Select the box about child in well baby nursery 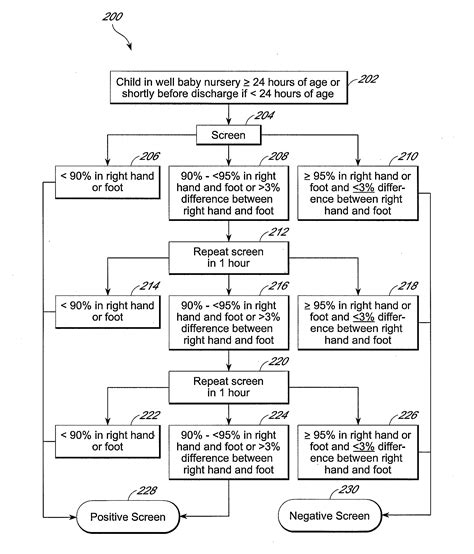click(229, 87)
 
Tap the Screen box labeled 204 click(229, 134)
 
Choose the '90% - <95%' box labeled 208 click(229, 191)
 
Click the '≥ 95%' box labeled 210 click(357, 191)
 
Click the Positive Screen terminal click(129, 517)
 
